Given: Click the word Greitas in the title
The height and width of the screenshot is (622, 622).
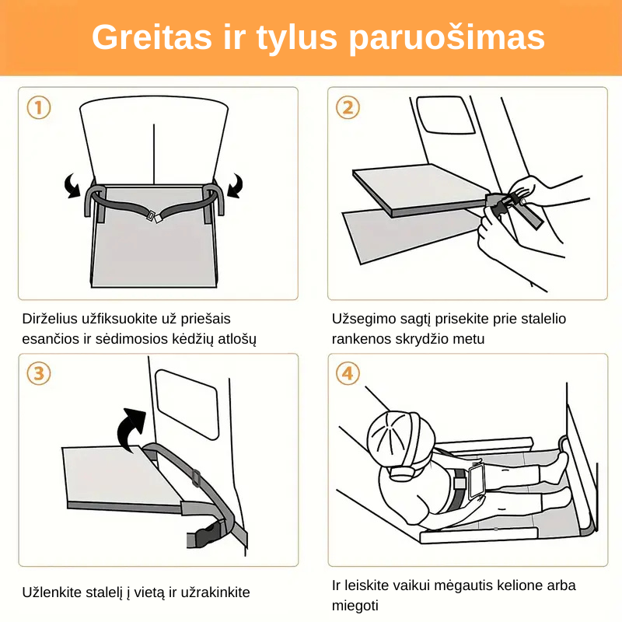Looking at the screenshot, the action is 152,37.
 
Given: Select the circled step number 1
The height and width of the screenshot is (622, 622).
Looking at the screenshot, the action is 39,107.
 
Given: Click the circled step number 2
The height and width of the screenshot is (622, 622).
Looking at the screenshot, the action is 348,107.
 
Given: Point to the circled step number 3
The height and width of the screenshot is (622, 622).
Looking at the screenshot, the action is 39,373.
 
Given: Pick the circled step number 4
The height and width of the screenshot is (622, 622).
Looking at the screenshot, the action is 348,373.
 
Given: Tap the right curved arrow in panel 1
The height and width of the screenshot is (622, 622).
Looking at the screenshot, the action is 236,186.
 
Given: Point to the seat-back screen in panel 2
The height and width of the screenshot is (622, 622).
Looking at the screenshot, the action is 445,115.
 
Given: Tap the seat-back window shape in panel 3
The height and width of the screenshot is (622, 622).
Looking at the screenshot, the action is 187,405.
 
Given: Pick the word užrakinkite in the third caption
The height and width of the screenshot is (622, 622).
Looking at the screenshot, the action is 215,592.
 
